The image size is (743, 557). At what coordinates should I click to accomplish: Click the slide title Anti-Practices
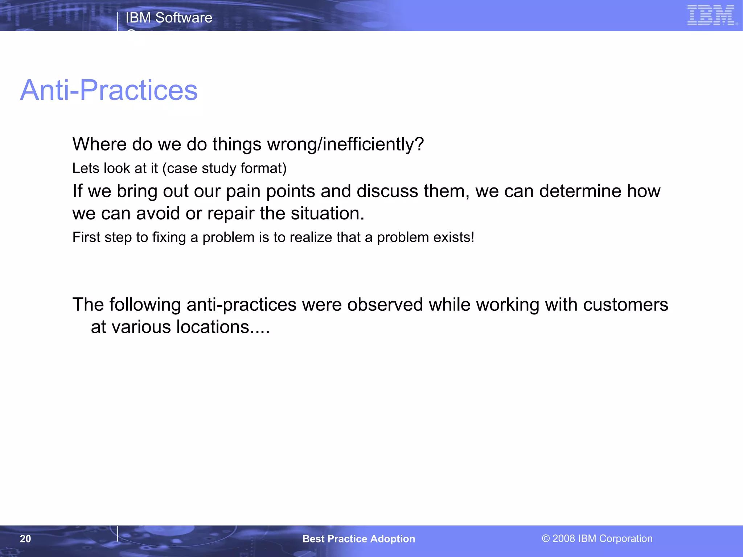tap(109, 90)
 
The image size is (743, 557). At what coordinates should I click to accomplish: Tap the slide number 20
tap(25, 539)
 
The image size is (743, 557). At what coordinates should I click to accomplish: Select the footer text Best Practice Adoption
tap(358, 539)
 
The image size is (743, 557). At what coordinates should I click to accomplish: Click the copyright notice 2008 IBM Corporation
tap(597, 539)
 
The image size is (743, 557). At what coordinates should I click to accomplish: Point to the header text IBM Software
tap(169, 18)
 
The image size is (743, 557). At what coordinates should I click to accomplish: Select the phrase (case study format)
tap(224, 169)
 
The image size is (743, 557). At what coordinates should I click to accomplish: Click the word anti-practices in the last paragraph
tap(241, 305)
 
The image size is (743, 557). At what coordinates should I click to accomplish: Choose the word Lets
tap(86, 169)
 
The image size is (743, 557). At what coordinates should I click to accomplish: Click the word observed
tap(385, 305)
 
